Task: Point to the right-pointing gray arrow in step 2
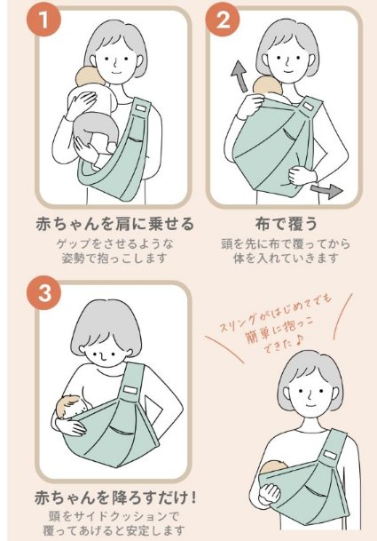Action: [x=326, y=190]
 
